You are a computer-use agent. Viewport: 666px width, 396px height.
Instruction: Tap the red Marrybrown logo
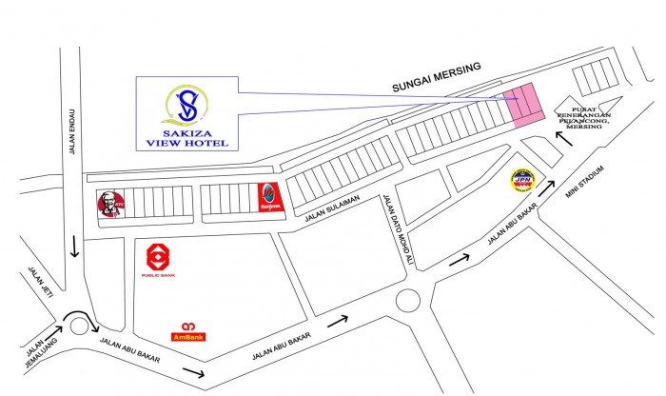[269, 197]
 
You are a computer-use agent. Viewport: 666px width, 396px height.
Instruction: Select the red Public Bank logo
[158, 258]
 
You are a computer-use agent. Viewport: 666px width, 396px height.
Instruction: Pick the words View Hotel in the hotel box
[187, 144]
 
